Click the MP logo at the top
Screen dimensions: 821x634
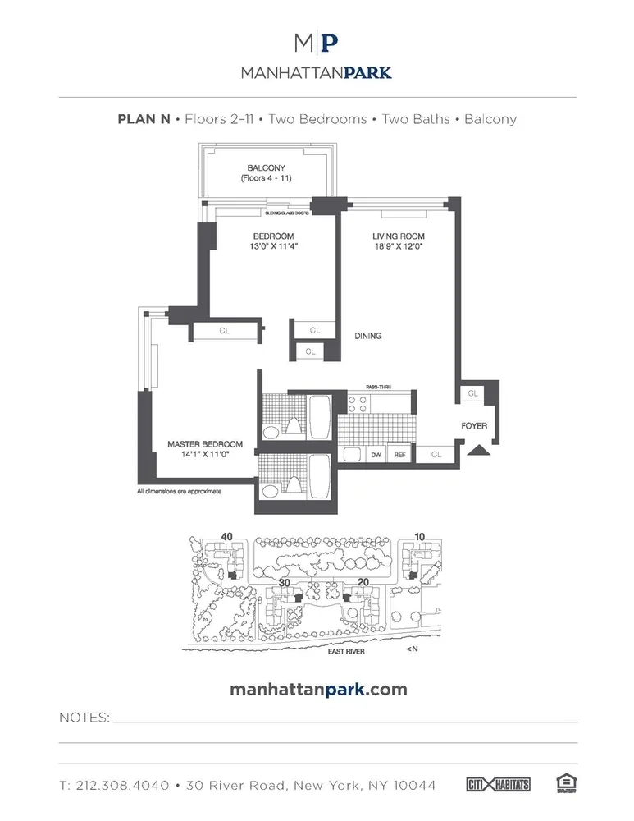point(317,43)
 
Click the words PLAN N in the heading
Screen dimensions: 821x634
point(144,119)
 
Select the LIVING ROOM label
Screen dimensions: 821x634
point(397,237)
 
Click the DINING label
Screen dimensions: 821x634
point(368,336)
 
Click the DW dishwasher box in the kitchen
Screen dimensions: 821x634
point(376,453)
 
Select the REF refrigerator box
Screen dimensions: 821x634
point(400,453)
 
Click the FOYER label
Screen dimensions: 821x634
point(473,426)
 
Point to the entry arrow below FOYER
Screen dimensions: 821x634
point(476,448)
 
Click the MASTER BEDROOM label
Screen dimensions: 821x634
point(204,444)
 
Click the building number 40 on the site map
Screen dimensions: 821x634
point(227,537)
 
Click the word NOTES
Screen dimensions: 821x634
point(84,718)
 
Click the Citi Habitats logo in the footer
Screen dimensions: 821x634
point(498,785)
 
